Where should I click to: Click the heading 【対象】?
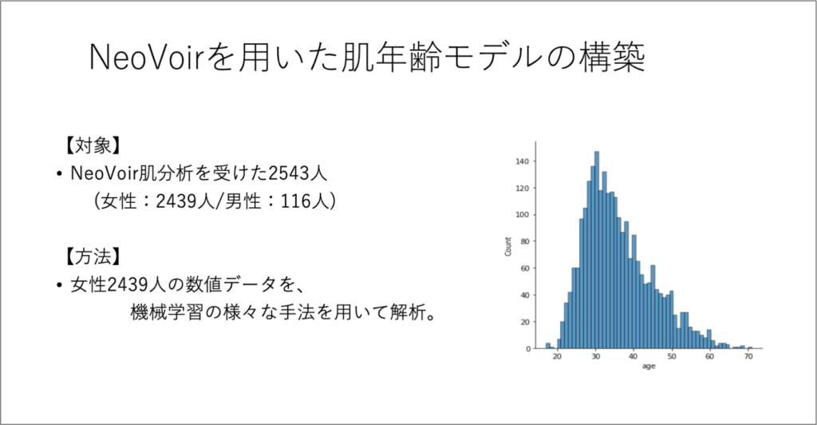pos(93,145)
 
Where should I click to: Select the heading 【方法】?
pos(93,256)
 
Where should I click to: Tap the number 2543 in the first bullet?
pos(288,173)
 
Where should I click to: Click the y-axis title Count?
pos(508,246)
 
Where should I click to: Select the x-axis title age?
pos(649,366)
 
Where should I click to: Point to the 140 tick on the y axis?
pos(522,161)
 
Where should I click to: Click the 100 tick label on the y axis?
pos(522,215)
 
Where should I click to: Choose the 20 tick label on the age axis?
pos(558,356)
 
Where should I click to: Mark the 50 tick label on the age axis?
pos(672,356)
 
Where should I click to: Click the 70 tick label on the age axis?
pos(748,356)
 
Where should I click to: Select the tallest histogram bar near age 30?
pos(597,250)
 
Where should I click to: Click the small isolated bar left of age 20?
pos(548,346)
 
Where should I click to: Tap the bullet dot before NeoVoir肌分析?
pos(59,174)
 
